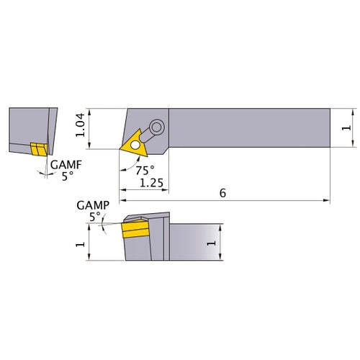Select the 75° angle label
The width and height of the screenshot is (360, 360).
point(143,171)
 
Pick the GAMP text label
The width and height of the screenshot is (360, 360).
point(91,205)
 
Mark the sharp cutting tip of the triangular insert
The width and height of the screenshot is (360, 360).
point(120,149)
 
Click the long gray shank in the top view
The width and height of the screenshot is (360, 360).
point(248,127)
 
